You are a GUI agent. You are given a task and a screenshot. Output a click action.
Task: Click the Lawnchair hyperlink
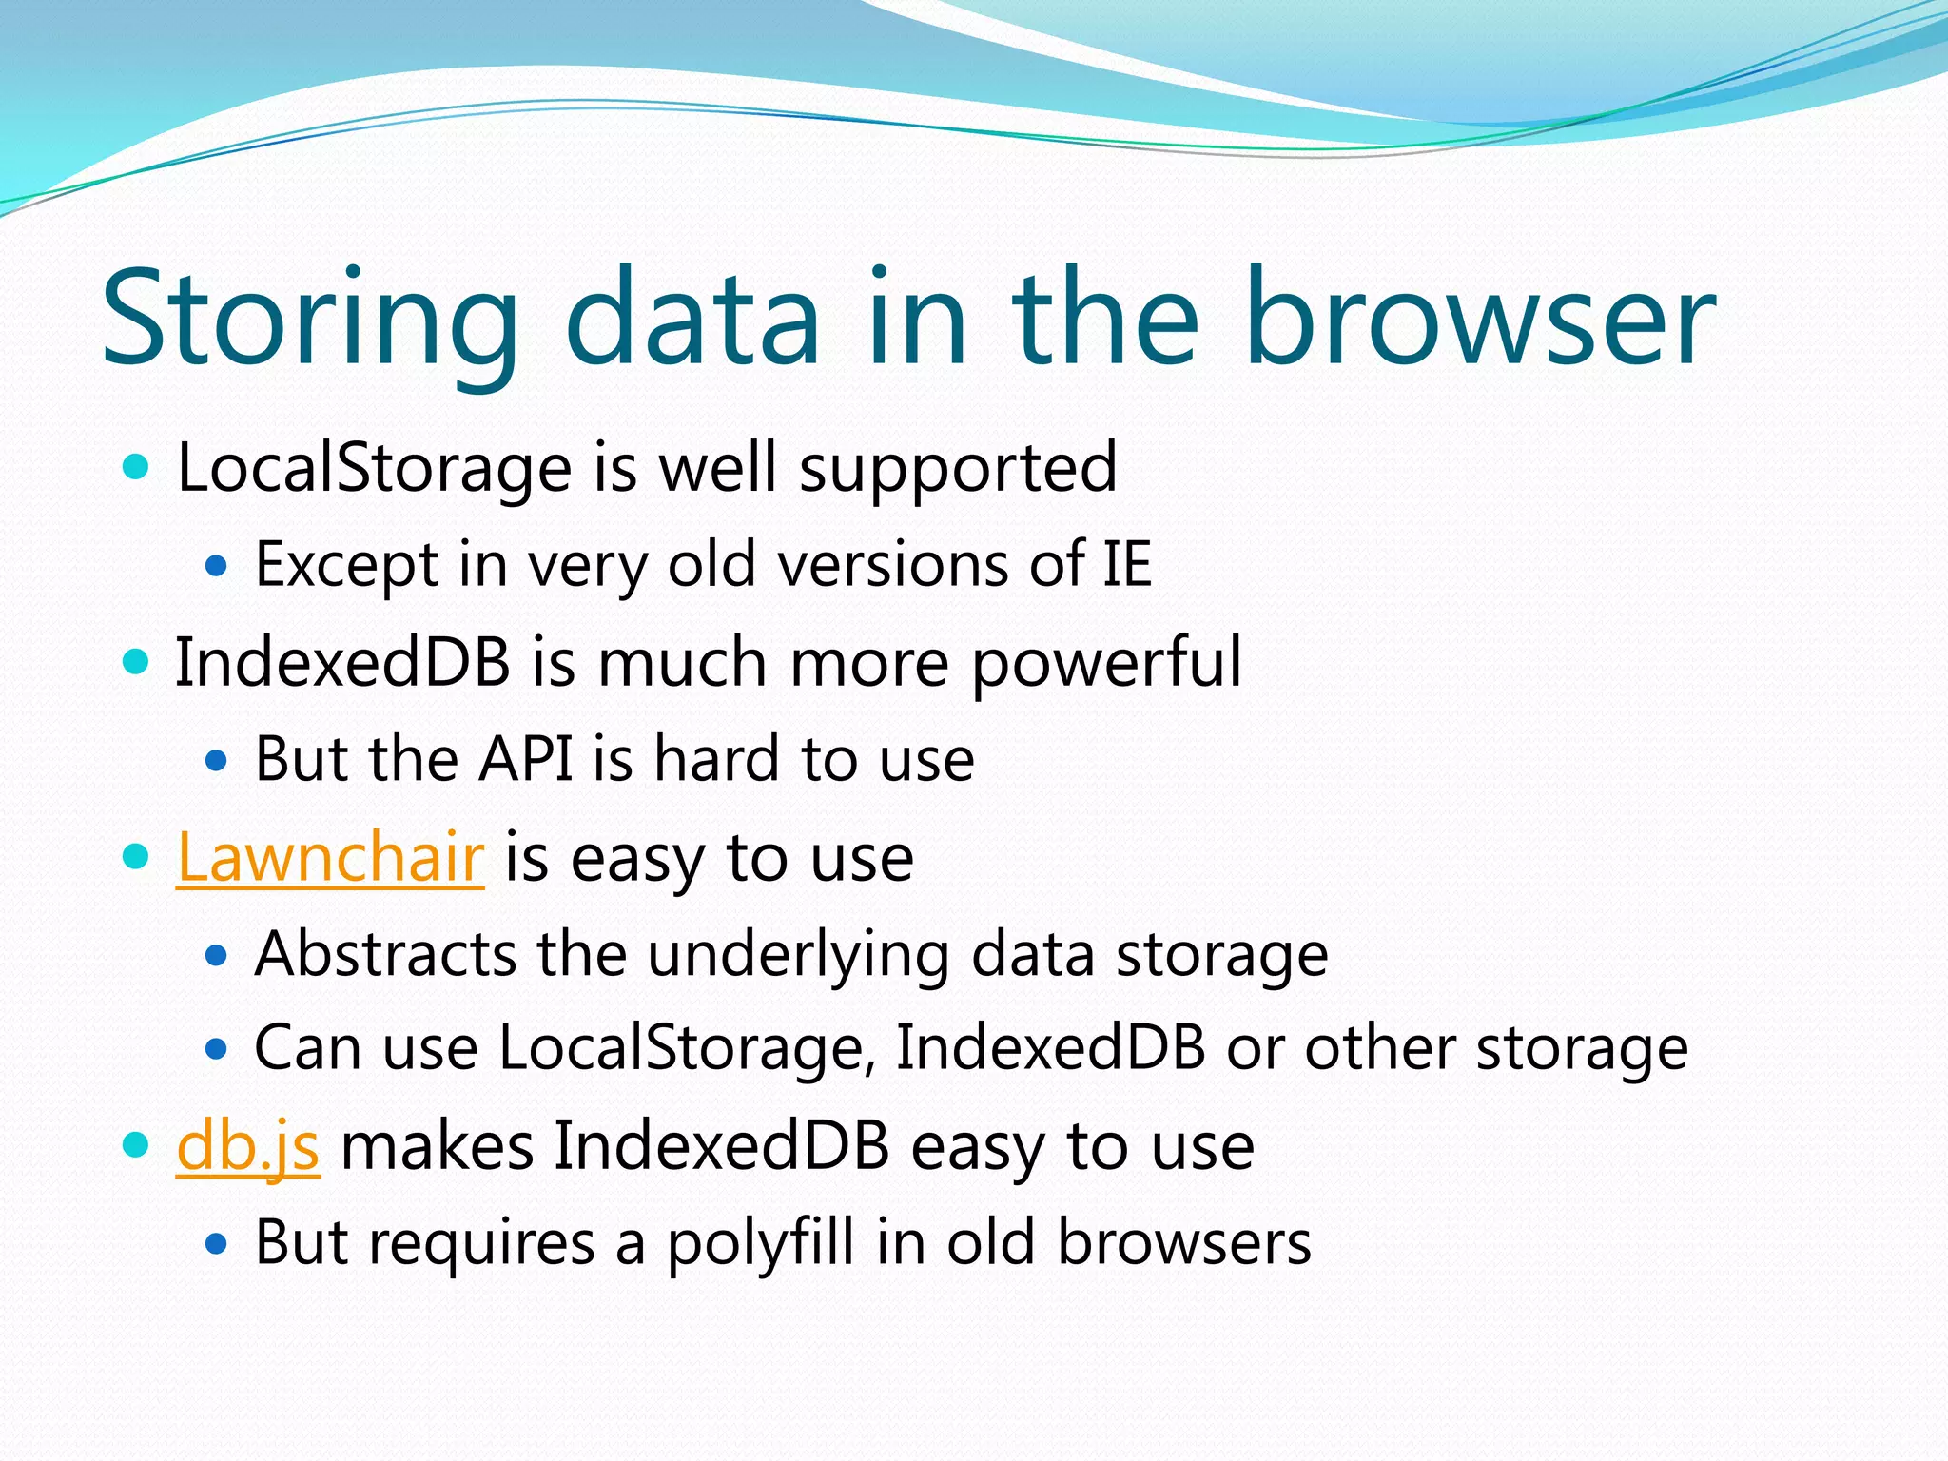(x=330, y=857)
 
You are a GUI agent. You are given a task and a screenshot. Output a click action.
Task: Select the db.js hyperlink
(x=247, y=1146)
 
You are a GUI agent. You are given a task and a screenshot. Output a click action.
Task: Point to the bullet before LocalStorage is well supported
(x=137, y=467)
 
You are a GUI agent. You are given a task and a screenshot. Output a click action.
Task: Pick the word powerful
(x=1106, y=663)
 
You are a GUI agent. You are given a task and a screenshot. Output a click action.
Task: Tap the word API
(x=526, y=759)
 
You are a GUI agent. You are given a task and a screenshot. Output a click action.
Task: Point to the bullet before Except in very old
(x=217, y=567)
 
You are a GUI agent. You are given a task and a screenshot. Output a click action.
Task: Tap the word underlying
(x=797, y=955)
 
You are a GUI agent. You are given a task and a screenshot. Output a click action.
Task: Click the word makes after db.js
(x=437, y=1146)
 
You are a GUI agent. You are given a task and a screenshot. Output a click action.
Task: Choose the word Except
(x=346, y=565)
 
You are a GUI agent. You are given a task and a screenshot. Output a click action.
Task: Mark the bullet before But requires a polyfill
(x=217, y=1244)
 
